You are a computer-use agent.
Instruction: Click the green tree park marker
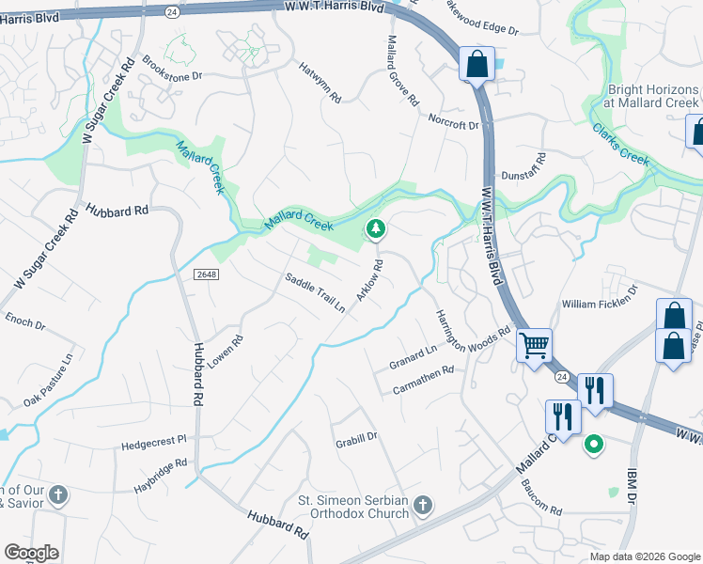coord(376,228)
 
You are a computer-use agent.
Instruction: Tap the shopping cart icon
coord(534,345)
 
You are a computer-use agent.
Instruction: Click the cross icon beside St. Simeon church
coord(423,506)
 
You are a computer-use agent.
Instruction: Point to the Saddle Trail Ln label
coord(316,291)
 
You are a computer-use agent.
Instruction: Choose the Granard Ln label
coord(414,355)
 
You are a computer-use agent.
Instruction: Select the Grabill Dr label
coord(356,438)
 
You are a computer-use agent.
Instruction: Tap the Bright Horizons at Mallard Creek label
coord(652,96)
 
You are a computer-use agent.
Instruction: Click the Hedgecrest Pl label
coord(155,440)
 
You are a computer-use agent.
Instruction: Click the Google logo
coord(31,553)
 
